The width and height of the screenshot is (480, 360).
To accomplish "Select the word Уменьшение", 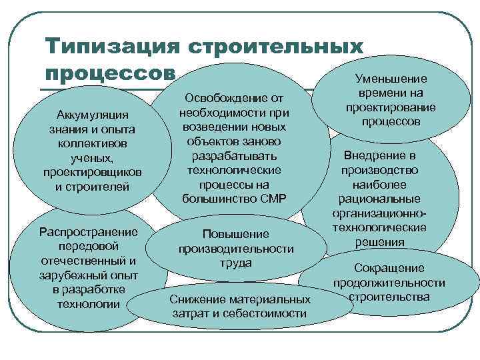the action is point(391,79).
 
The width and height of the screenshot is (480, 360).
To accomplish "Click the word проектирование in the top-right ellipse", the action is point(391,108).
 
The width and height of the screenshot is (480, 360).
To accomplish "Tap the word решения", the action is point(379,241).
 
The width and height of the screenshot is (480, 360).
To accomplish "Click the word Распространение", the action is point(89,233).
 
